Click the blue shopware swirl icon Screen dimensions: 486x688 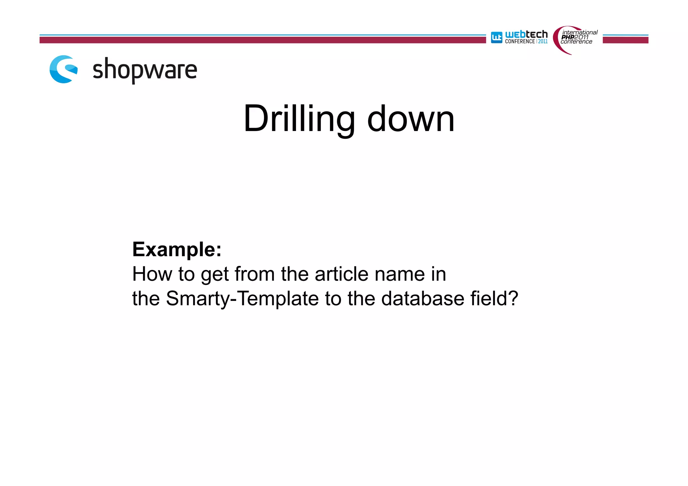(63, 69)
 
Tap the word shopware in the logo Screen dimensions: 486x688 (144, 70)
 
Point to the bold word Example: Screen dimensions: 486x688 (177, 250)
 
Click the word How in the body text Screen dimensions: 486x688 (152, 274)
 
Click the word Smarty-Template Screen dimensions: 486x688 (242, 298)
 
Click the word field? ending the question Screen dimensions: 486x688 (494, 298)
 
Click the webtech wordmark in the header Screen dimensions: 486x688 (526, 34)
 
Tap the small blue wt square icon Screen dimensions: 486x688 (497, 37)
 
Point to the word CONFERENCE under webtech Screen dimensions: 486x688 (520, 42)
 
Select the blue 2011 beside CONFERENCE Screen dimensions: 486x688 (543, 42)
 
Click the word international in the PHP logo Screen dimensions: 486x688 (580, 33)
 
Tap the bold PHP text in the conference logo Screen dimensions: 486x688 (567, 37)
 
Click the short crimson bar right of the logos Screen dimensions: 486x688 (625, 40)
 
